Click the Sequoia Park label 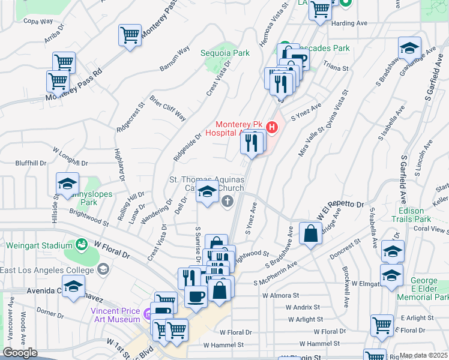pyautogui.click(x=224, y=53)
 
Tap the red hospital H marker pyautogui.click(x=272, y=127)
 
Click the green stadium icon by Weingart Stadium pyautogui.click(x=80, y=245)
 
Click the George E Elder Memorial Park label pyautogui.click(x=429, y=289)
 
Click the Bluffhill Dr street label pyautogui.click(x=31, y=163)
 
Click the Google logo pyautogui.click(x=20, y=353)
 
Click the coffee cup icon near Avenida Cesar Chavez pyautogui.click(x=196, y=296)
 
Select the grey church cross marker pyautogui.click(x=228, y=200)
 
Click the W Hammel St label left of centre pyautogui.click(x=223, y=345)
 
